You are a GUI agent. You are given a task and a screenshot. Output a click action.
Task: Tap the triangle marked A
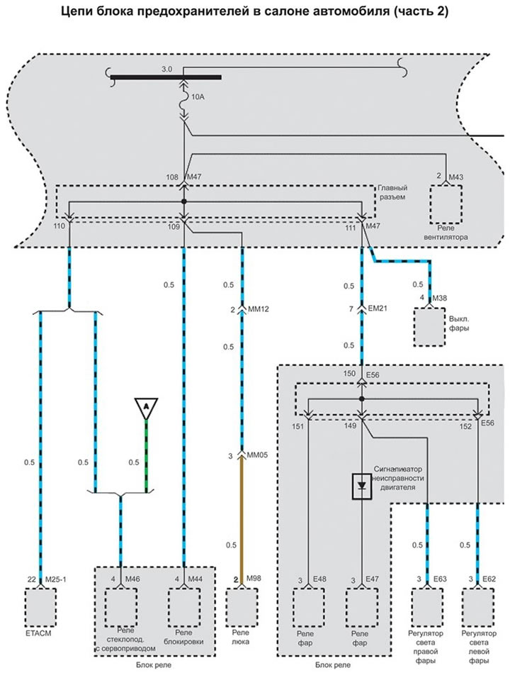click(x=146, y=407)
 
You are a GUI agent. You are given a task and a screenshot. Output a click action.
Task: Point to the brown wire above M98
click(x=243, y=518)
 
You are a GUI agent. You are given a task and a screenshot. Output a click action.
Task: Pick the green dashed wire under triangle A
click(x=147, y=454)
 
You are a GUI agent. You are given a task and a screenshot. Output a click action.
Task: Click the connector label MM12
click(x=259, y=311)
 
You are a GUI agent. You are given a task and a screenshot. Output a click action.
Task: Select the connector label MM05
click(x=259, y=455)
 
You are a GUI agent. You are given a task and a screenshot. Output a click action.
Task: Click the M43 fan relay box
click(x=446, y=204)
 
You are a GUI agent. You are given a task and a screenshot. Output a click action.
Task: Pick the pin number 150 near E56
click(x=349, y=372)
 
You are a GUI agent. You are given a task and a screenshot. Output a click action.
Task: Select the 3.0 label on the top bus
click(x=166, y=69)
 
